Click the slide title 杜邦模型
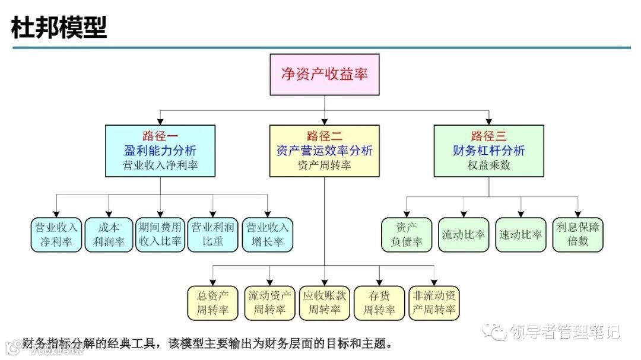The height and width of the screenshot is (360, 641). [x=59, y=28]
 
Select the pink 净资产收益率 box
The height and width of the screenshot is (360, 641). [x=324, y=75]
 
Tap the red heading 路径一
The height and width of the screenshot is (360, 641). [x=160, y=136]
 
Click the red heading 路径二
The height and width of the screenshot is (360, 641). [x=324, y=136]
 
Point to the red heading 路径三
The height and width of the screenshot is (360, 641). [x=488, y=136]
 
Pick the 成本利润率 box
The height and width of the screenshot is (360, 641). [x=109, y=235]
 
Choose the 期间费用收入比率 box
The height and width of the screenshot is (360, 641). [x=160, y=235]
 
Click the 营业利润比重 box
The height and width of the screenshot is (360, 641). [x=212, y=235]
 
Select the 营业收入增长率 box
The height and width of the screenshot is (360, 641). [x=267, y=235]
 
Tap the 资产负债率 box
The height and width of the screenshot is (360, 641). [x=407, y=235]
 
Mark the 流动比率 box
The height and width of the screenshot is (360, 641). [x=464, y=235]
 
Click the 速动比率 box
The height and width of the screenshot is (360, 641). [x=521, y=235]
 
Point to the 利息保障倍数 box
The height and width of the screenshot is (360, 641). [x=578, y=235]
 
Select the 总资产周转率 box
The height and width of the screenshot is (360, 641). [x=213, y=303]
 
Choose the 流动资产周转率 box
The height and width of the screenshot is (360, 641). [x=269, y=303]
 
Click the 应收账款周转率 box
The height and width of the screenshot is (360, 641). [x=324, y=303]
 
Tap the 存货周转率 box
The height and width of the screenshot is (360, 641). [x=379, y=303]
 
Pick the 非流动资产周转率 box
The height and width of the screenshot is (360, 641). [x=434, y=303]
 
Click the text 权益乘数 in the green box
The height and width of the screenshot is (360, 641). [x=488, y=166]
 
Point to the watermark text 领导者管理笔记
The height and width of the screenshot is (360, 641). [x=564, y=332]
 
